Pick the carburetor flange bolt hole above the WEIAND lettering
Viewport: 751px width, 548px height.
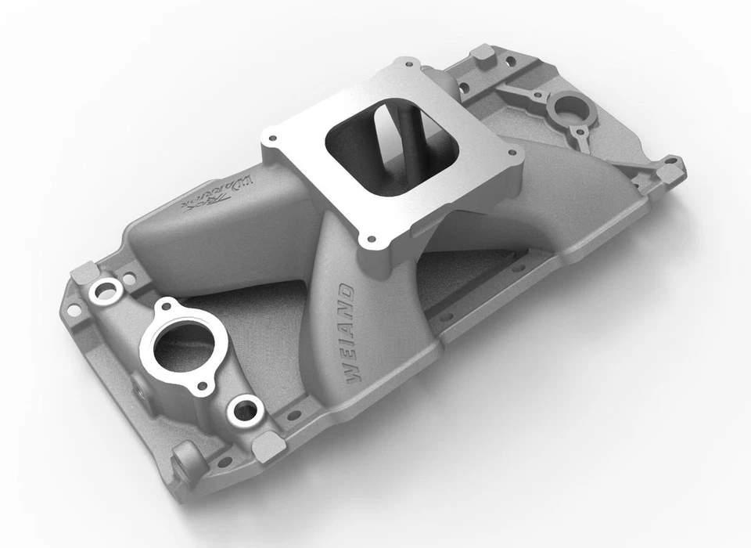click(x=371, y=239)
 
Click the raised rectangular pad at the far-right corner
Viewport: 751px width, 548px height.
click(x=670, y=169)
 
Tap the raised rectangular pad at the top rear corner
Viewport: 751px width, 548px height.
click(x=483, y=54)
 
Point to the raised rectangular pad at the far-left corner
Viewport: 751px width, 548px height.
click(x=83, y=273)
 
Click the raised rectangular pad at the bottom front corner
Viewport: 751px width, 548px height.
click(x=268, y=446)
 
